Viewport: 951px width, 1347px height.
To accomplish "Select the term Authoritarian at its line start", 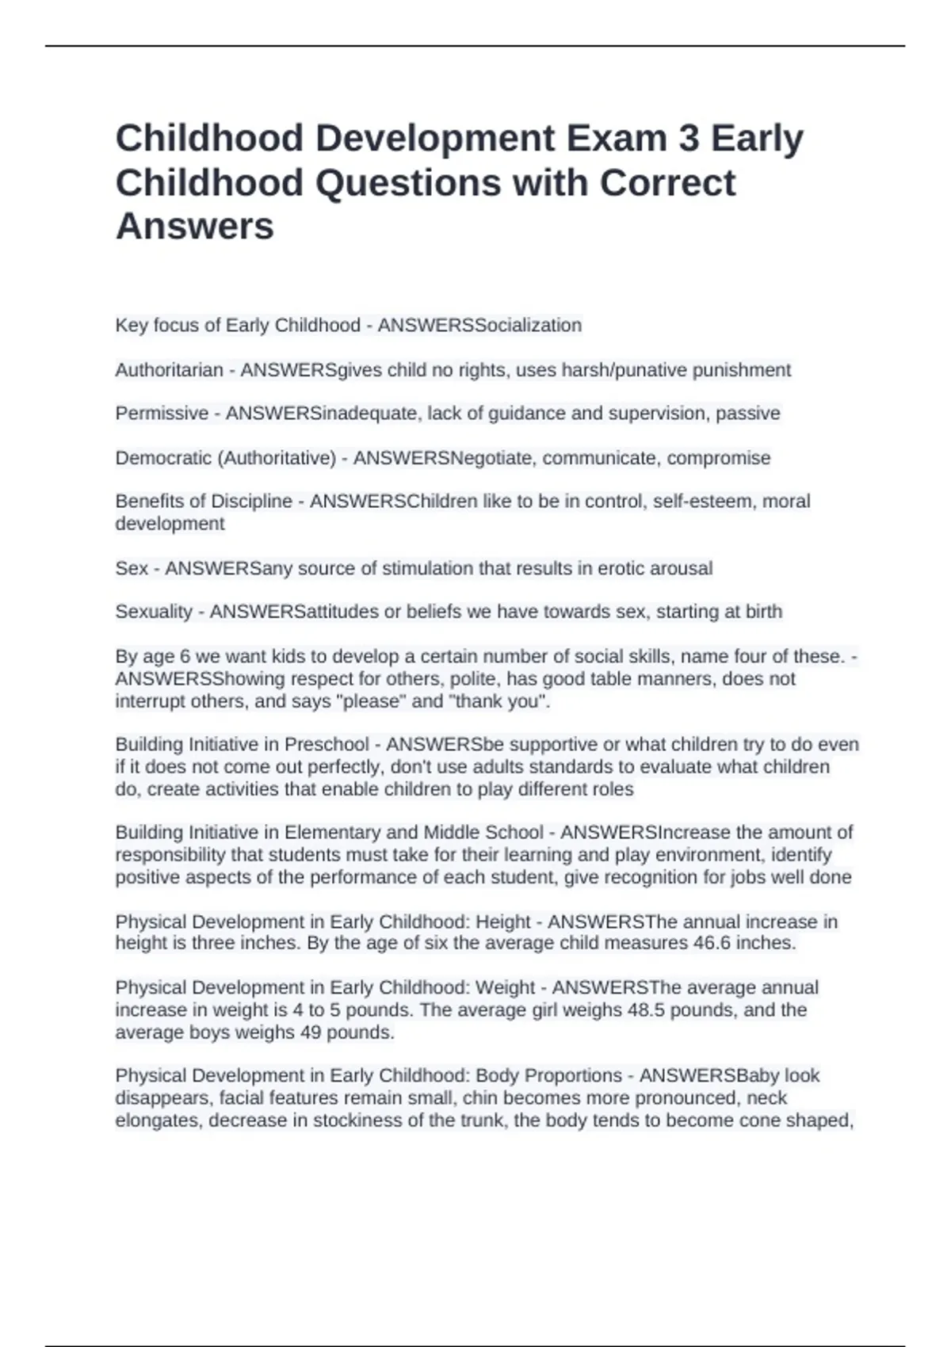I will [169, 370].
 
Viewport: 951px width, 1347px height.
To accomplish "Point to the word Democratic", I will [163, 458].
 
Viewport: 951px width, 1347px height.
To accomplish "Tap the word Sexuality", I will [154, 612].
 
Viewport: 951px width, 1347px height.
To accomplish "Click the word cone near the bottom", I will [758, 1120].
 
